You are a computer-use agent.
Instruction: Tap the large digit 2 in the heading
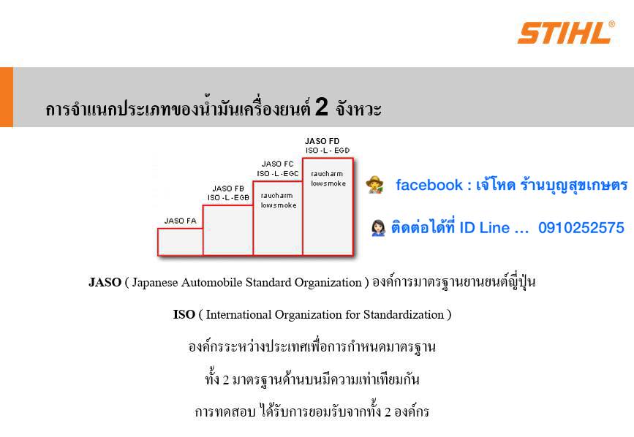322,107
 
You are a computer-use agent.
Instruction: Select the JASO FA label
181,221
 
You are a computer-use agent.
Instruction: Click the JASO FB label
228,189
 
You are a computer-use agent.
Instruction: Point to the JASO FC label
277,164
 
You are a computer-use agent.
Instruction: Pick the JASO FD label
322,141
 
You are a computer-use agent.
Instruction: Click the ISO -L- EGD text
328,151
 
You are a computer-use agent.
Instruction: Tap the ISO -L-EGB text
228,197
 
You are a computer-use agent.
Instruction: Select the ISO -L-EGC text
278,173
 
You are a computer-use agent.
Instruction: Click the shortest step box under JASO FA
181,242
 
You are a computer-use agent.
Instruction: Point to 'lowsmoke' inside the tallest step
328,183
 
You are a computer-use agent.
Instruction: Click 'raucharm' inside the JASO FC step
276,195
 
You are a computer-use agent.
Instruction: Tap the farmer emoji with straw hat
375,185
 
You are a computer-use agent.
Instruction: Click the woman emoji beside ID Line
379,228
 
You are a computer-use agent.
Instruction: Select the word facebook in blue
429,185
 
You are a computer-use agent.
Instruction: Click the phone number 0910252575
581,228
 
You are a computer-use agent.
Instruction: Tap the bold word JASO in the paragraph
105,282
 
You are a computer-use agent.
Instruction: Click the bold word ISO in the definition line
184,314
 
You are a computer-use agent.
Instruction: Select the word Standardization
404,314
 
